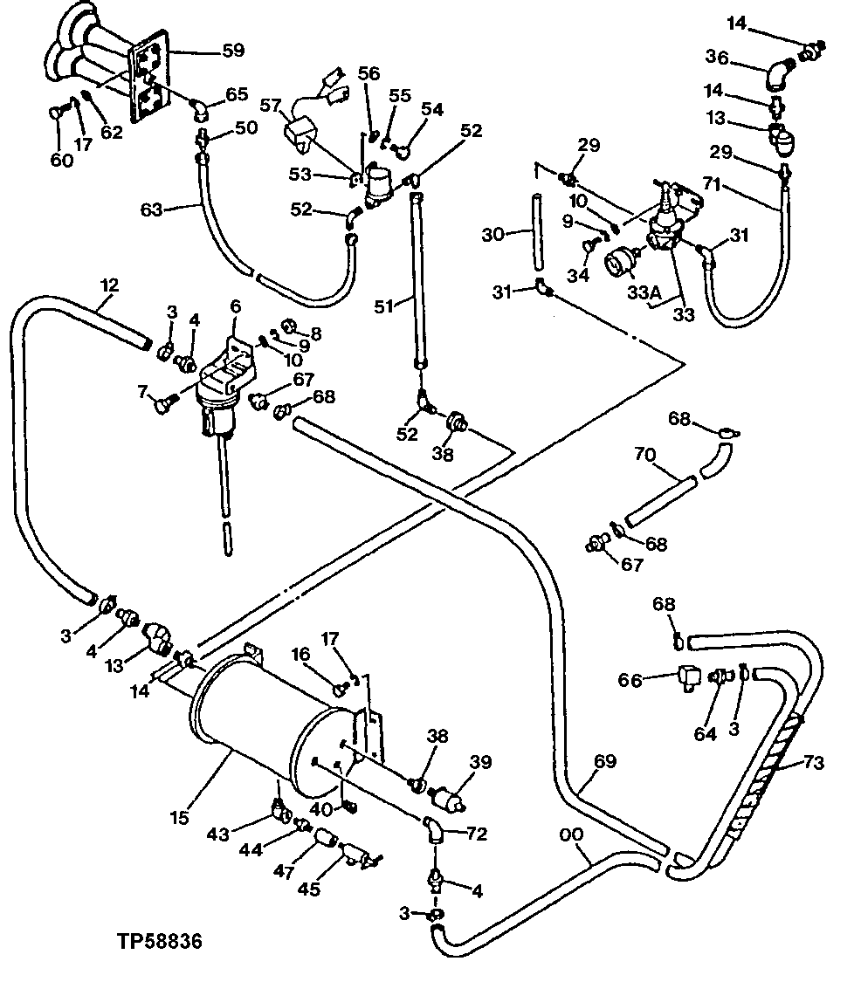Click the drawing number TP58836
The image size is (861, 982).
coord(161,943)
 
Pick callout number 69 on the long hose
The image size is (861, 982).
coord(605,762)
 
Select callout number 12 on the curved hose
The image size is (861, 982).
coord(110,285)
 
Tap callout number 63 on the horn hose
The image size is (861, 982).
coord(154,209)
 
